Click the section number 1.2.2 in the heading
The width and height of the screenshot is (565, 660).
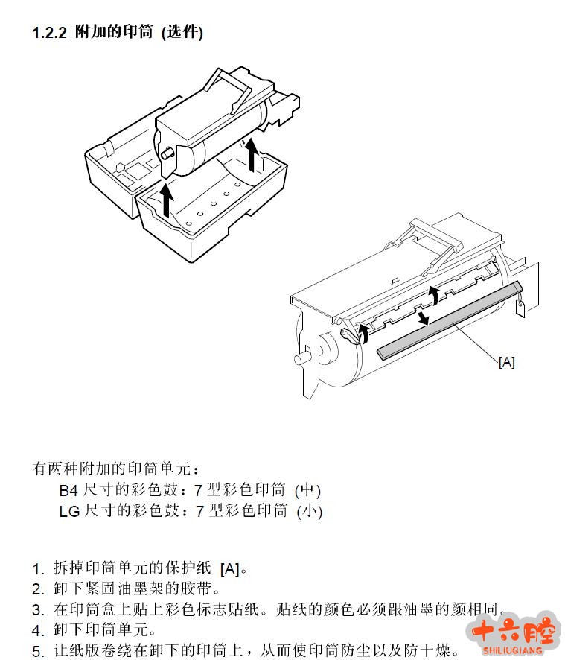(x=49, y=33)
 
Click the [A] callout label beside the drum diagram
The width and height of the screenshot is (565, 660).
(x=506, y=362)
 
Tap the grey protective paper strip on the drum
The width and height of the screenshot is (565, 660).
(x=450, y=321)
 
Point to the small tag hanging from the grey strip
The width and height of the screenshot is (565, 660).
(x=520, y=308)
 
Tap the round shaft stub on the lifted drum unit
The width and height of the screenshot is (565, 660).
(x=167, y=153)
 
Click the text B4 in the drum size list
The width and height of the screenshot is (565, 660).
(x=68, y=490)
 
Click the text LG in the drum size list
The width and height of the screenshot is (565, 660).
(x=69, y=512)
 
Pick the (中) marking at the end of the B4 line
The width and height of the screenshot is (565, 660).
(x=307, y=490)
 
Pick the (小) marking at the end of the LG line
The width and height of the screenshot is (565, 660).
(x=309, y=512)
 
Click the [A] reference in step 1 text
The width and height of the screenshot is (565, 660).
(x=230, y=569)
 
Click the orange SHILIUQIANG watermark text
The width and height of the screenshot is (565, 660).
(x=512, y=650)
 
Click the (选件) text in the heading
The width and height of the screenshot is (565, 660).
(x=182, y=33)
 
